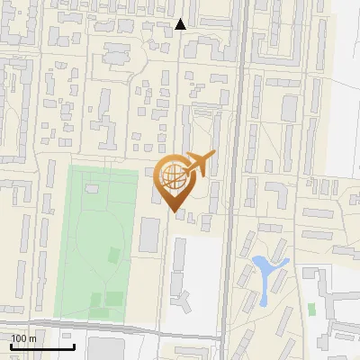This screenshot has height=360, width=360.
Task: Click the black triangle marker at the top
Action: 181,24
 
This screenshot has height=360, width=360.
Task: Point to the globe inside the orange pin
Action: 174,175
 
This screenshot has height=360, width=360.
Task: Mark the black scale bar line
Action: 43,347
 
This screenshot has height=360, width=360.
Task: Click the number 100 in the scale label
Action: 19,338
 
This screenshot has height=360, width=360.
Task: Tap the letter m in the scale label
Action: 32,338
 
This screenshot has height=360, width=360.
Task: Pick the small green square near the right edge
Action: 311,309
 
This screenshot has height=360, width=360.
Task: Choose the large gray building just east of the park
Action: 149,234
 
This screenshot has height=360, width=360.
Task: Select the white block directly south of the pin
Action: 194,270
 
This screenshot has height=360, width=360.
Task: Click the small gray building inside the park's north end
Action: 92,190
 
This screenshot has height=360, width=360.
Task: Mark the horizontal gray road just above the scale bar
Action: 135,331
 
